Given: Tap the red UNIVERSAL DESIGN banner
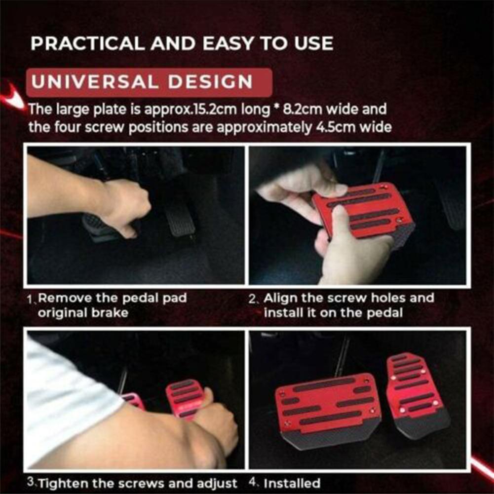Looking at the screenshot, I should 149,82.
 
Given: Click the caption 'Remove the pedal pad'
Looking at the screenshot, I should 113,299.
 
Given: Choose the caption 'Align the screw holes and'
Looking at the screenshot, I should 348,298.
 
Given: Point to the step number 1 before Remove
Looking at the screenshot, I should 31,300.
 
